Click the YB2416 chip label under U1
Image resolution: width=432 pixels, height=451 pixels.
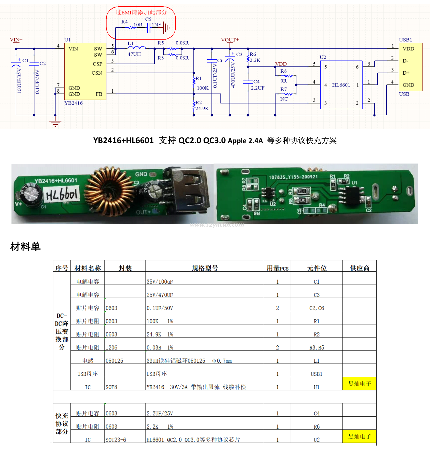(73, 103)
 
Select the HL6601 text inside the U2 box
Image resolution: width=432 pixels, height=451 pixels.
(341, 85)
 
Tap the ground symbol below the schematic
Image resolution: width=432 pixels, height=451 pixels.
(55, 123)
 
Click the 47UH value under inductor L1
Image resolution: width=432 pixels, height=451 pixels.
(134, 54)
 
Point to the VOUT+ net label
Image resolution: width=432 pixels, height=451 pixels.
(230, 40)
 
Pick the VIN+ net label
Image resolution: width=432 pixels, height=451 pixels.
(16, 40)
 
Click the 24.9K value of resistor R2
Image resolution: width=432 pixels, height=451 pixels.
(202, 108)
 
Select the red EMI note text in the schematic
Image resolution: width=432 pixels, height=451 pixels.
(141, 12)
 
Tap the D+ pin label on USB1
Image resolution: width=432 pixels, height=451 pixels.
(406, 73)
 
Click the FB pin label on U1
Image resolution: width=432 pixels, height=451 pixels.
(99, 94)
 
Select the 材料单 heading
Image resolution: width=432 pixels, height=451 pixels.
(26, 247)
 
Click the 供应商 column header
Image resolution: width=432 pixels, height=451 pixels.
(359, 268)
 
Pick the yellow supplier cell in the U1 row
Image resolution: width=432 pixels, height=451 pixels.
(359, 384)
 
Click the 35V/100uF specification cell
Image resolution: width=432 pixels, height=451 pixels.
(160, 282)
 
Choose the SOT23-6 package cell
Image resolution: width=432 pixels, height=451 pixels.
(116, 440)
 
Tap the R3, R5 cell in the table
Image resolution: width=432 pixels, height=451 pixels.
(317, 348)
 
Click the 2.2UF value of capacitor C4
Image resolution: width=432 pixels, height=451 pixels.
(258, 88)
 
